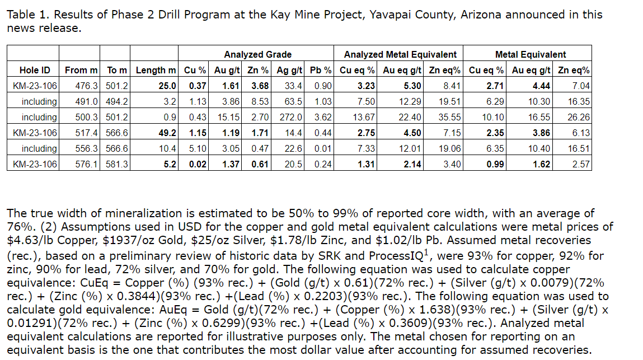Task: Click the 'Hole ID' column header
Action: click(34, 70)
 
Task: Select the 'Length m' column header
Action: click(156, 70)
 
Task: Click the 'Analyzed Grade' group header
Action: click(257, 54)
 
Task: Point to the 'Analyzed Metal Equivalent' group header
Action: click(400, 54)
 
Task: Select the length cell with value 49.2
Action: click(168, 133)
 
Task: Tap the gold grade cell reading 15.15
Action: click(230, 117)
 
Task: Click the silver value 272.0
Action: click(292, 117)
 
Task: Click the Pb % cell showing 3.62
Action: click(323, 117)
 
